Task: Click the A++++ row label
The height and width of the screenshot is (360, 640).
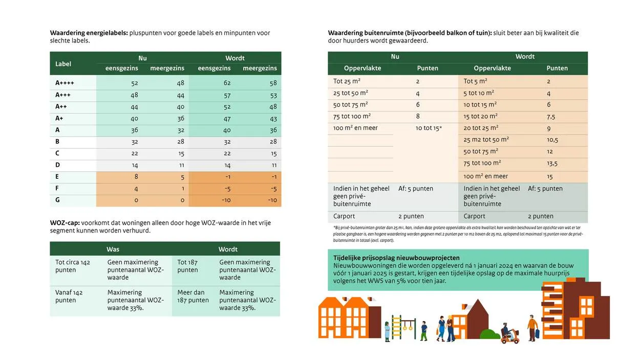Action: click(65, 83)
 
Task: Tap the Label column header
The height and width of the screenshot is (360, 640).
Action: click(63, 63)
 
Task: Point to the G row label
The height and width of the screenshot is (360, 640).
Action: click(58, 200)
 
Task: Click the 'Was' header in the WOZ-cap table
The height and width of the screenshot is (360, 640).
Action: click(113, 249)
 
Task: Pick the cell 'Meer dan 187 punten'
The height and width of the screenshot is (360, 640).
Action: click(193, 296)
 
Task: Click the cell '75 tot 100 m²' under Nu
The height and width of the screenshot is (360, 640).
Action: click(352, 116)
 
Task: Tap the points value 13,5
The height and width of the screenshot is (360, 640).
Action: click(552, 163)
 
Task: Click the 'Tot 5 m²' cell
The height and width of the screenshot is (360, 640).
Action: click(475, 81)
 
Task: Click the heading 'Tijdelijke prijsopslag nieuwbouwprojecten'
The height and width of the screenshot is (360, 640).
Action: click(396, 258)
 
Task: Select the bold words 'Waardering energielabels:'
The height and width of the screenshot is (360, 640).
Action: click(89, 33)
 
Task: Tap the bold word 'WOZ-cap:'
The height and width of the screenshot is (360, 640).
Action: click(65, 223)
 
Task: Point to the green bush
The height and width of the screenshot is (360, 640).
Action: click(489, 334)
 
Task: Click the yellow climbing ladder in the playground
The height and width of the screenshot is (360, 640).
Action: click(396, 328)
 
